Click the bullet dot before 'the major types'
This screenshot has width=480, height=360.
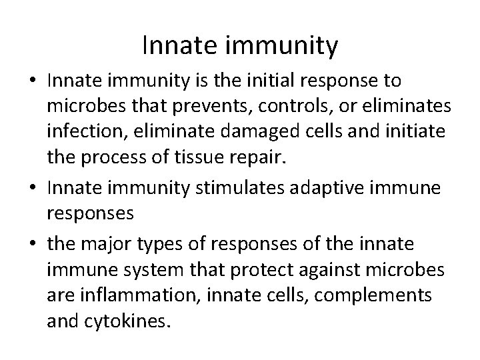(33, 240)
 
